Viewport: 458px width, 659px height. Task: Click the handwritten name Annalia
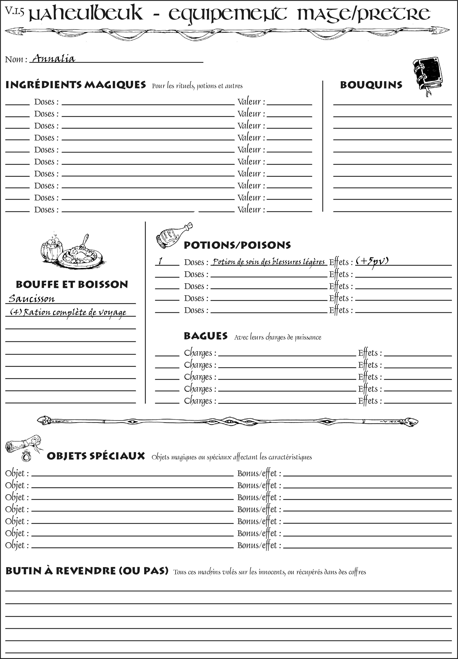click(53, 59)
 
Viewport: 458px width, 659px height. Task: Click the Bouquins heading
click(371, 85)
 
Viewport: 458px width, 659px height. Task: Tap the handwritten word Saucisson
click(32, 299)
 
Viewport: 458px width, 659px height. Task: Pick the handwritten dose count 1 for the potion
click(161, 261)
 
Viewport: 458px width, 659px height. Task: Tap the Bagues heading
click(206, 336)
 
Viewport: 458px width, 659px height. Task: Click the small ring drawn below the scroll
click(27, 456)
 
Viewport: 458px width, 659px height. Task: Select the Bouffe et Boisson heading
click(72, 284)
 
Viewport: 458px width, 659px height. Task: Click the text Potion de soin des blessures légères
click(269, 262)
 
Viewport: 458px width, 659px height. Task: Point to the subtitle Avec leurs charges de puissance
click(277, 337)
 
